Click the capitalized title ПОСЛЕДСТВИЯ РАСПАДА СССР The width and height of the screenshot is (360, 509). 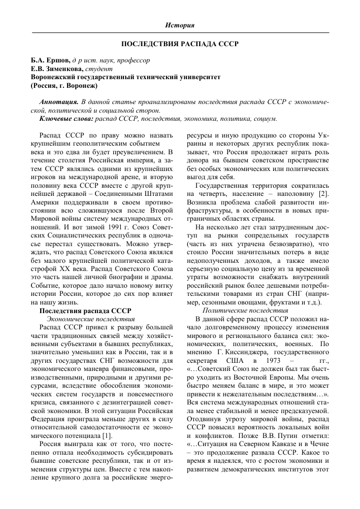(180, 43)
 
